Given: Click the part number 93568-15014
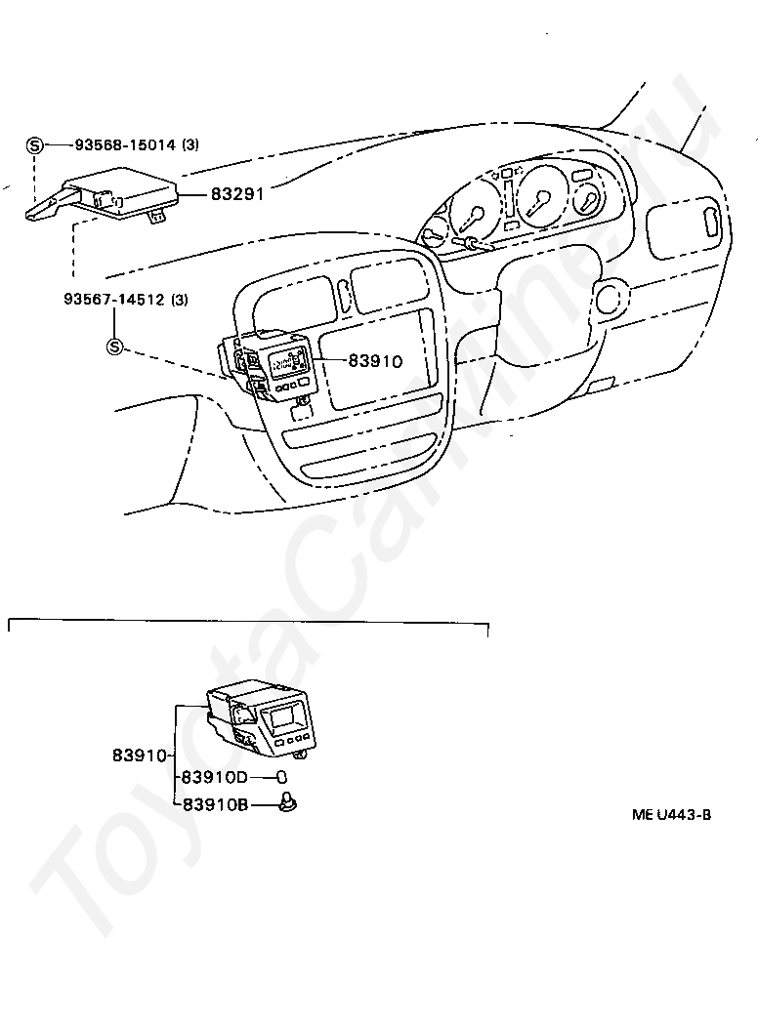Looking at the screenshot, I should coord(124,145).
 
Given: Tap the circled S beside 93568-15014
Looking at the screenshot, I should coord(35,145).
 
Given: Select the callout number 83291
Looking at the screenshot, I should coord(237,194).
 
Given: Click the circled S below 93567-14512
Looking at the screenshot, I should coord(114,347).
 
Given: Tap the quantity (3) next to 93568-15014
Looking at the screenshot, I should coord(190,145).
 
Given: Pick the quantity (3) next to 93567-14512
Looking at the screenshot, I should coord(179,300).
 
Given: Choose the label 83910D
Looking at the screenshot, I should coord(215,777).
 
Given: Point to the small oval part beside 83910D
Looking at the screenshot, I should coord(280,777).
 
